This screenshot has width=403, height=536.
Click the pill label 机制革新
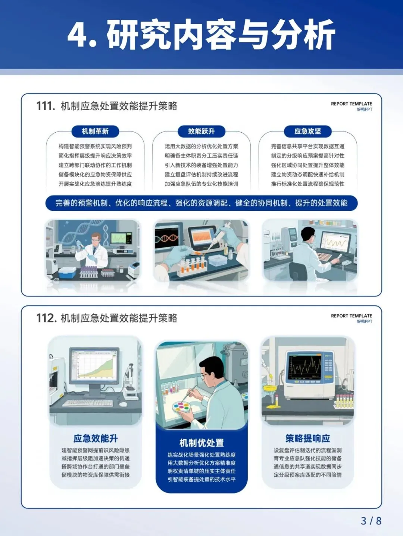point(95,131)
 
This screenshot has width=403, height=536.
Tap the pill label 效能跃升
point(201,131)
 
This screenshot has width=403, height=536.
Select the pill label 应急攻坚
point(307,131)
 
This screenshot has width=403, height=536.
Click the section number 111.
point(46,106)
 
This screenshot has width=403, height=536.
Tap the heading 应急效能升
point(96,438)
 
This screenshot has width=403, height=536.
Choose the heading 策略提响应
point(307,438)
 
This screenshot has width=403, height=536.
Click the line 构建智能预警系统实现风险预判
point(95,146)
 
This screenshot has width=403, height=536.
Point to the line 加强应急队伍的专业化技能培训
point(201,184)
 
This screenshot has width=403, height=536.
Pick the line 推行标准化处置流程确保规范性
point(307,184)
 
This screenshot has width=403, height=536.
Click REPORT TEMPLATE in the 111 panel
point(352,104)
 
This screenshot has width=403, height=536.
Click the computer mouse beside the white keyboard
point(123,405)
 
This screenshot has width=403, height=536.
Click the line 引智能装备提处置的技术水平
point(201,479)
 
